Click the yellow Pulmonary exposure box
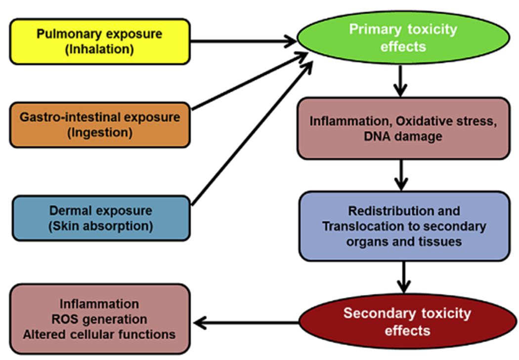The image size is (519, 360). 100,41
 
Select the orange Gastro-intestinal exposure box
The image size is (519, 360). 100,125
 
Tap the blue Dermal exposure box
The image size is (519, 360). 101,218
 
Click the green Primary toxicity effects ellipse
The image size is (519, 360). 403,38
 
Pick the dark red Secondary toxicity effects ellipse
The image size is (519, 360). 407,321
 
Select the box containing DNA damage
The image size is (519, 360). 403,128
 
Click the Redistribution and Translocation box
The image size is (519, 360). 404,226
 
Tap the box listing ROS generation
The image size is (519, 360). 100,319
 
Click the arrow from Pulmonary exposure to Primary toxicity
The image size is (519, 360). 244,41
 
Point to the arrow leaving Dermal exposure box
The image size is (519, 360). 252,133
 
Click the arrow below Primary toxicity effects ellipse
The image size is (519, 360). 400,81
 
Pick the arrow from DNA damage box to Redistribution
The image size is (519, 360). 401,175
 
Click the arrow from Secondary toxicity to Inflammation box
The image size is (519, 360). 246,322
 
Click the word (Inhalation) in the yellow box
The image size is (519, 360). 100,49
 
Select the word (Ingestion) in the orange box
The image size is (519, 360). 100,132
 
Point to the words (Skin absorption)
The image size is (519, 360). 101,226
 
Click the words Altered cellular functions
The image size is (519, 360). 99,334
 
